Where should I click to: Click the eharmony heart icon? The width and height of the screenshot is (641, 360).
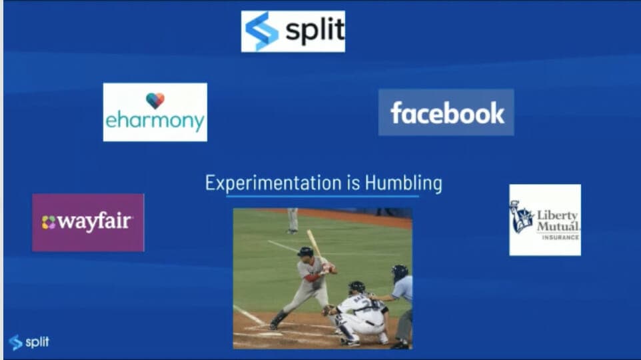155,101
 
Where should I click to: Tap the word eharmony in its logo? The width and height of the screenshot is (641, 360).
155,121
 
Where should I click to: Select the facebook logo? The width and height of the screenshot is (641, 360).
446,113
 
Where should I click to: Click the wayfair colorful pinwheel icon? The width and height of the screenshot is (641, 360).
48,223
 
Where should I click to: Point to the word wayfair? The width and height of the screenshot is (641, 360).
95,222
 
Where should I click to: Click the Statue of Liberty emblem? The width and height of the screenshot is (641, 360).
521,217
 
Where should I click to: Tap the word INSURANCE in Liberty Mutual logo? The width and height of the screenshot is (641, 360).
560,237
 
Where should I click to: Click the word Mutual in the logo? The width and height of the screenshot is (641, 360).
558,226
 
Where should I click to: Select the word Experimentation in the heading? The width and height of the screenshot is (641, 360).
273,183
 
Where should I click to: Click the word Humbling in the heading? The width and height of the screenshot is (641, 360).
404,183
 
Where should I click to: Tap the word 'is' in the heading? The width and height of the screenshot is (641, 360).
354,183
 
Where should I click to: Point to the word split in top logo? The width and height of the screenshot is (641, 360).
315,30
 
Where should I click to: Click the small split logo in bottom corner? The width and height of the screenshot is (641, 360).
29,342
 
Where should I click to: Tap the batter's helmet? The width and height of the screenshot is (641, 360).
305,251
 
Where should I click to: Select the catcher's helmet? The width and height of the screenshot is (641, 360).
356,287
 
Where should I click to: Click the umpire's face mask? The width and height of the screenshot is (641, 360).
399,273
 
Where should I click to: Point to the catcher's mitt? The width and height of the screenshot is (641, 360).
328,311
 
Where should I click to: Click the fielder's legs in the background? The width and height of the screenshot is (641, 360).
293,221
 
